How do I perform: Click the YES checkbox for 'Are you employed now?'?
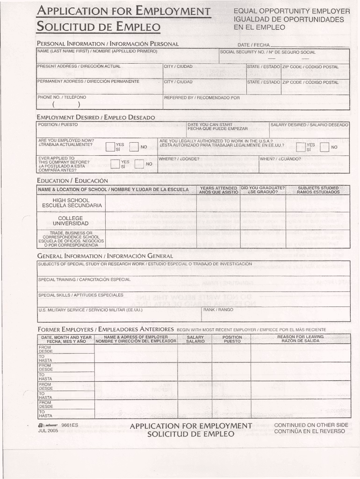click(x=110, y=147)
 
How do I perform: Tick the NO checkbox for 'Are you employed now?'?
click(x=134, y=147)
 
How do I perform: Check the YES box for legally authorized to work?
click(x=301, y=147)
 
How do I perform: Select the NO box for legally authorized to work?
click(x=325, y=147)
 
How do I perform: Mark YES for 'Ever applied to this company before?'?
click(x=115, y=164)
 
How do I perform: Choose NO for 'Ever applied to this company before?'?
click(x=139, y=164)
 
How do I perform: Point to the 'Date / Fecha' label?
click(x=254, y=45)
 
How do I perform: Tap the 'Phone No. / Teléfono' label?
click(x=62, y=97)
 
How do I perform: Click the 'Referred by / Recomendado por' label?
click(x=202, y=98)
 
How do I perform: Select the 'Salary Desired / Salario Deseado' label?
click(x=310, y=125)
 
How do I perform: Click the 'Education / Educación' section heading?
click(x=72, y=181)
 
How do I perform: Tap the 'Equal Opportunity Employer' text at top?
click(x=292, y=11)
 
